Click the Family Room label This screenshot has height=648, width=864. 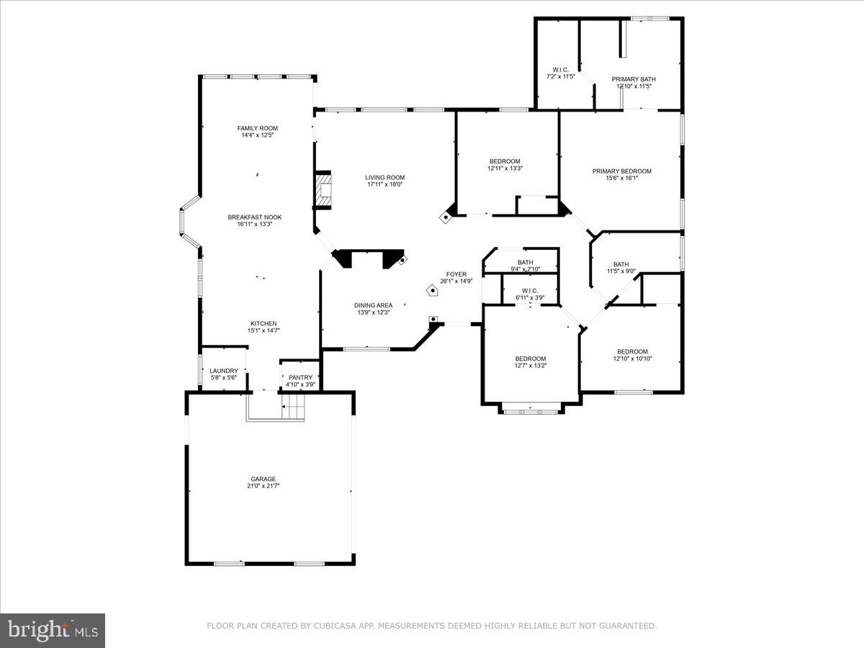(257, 128)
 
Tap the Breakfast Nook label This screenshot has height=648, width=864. (254, 217)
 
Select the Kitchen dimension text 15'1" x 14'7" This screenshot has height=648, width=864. (264, 330)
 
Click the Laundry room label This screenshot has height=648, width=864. (223, 371)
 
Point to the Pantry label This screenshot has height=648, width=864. (300, 377)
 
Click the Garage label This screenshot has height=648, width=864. (263, 479)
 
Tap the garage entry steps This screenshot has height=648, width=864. (293, 413)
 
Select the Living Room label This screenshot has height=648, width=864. (384, 178)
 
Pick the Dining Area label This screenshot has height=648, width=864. (373, 305)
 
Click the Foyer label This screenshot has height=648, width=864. (456, 274)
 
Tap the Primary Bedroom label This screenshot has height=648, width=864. (621, 171)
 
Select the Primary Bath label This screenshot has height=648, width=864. (634, 79)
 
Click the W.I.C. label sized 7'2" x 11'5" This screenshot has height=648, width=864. (560, 70)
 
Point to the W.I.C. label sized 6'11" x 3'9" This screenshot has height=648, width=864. (530, 291)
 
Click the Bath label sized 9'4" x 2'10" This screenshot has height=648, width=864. (525, 263)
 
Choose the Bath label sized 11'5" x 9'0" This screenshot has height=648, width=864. (621, 264)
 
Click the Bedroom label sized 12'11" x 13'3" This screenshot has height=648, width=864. (504, 161)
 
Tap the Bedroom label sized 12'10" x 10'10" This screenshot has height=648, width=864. (632, 351)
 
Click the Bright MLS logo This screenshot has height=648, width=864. (53, 631)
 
